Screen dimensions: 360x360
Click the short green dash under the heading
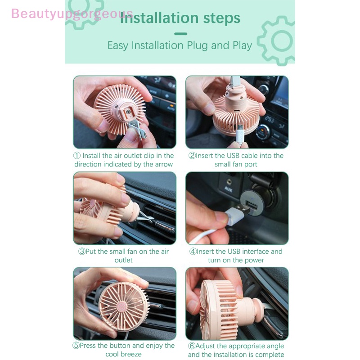coord(181,34)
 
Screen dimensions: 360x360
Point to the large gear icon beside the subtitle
coord(277,40)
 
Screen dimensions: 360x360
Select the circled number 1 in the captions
coord(77,155)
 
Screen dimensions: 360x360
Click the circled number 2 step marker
coord(192,155)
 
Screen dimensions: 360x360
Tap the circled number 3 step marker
coord(82,251)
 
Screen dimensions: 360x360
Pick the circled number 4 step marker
coord(193,251)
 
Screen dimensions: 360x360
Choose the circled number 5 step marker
coord(76,345)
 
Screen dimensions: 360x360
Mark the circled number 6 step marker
coord(192,346)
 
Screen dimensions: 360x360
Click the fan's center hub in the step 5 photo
coord(122,306)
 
